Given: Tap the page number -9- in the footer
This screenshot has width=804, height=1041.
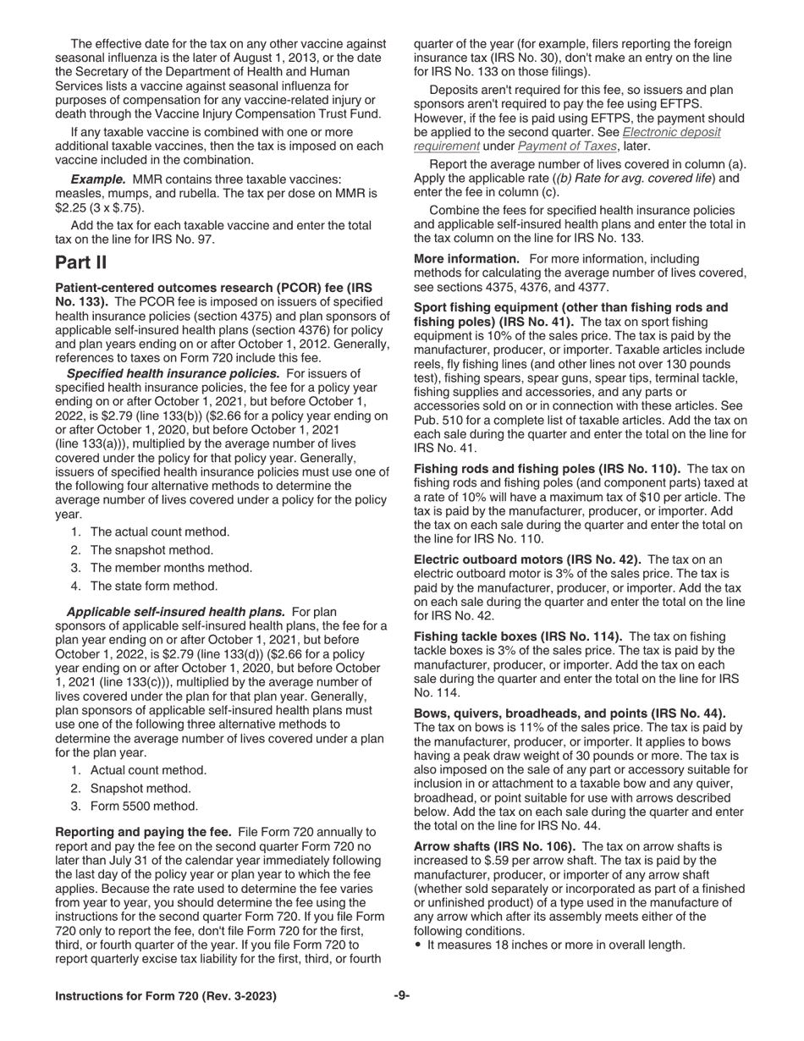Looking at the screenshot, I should pyautogui.click(x=402, y=996).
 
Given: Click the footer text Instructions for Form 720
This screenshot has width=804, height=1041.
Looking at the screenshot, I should pyautogui.click(x=165, y=997).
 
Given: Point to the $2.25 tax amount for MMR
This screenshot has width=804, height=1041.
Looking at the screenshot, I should pyautogui.click(x=72, y=207).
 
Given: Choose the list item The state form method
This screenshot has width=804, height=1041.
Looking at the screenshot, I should pyautogui.click(x=153, y=586).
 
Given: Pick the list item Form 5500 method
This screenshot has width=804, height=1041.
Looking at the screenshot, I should pyautogui.click(x=144, y=806).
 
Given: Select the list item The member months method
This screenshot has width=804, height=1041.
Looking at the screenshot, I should pyautogui.click(x=171, y=568).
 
